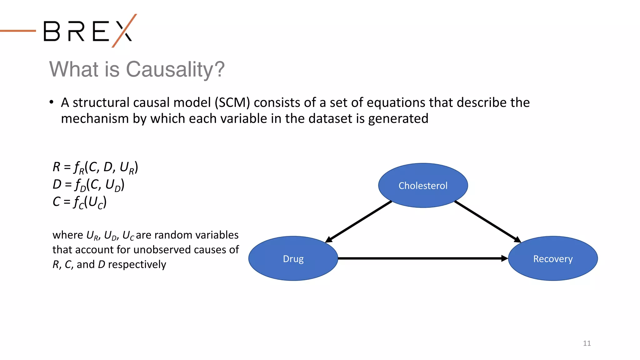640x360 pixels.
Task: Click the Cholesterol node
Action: pos(423,186)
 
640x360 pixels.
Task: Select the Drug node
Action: pos(293,259)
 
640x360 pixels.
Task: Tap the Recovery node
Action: pos(553,259)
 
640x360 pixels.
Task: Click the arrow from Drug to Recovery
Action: pos(422,258)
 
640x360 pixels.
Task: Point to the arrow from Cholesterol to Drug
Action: pos(359,222)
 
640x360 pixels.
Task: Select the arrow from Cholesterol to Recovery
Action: pos(487,222)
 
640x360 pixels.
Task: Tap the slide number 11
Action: pos(587,343)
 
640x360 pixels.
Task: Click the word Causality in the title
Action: pos(175,69)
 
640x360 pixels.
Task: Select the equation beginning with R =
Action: pos(95,167)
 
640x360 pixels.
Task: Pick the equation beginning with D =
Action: pos(88,185)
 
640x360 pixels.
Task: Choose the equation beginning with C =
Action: pos(80,202)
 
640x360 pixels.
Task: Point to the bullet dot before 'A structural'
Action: pos(52,102)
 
